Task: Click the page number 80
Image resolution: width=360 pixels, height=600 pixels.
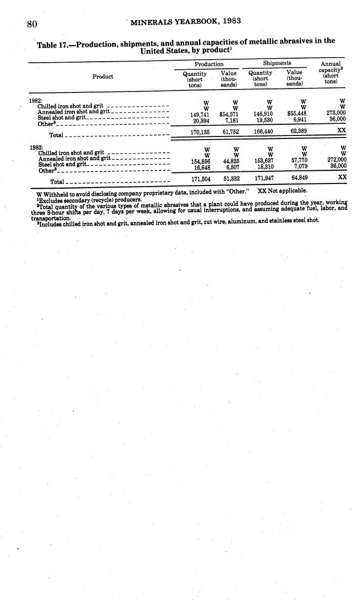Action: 33,23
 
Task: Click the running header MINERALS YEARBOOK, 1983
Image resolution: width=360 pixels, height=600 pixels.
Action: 185,21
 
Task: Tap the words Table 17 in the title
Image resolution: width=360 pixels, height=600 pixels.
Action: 52,45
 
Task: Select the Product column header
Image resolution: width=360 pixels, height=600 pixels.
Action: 103,77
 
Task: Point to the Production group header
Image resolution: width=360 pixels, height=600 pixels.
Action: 209,64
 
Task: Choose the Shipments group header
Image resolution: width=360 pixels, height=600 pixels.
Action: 277,64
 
